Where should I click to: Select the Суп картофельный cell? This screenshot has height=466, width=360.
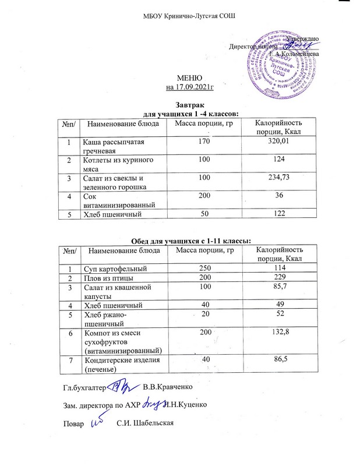[x=114, y=268]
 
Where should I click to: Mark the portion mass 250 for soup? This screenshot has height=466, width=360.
[x=203, y=268]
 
